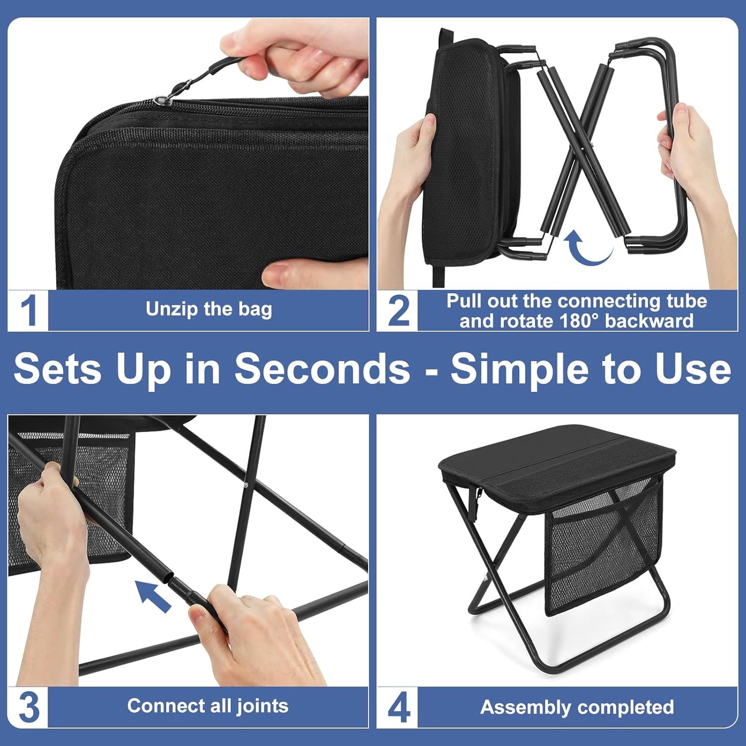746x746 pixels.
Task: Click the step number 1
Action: [x=28, y=310]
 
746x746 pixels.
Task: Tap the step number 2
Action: [x=398, y=310]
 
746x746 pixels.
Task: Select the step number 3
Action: [x=28, y=707]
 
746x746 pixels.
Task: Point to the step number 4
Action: [x=398, y=707]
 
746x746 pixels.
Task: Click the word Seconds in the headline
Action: [x=322, y=369]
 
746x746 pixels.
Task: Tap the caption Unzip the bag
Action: [x=209, y=309]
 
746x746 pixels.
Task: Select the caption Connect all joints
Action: [x=208, y=706]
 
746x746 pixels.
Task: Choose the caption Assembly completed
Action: [x=577, y=707]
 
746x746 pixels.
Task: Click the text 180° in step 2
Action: [x=580, y=321]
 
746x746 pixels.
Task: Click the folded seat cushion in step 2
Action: [x=465, y=150]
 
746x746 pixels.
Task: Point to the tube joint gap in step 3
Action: [x=170, y=578]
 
